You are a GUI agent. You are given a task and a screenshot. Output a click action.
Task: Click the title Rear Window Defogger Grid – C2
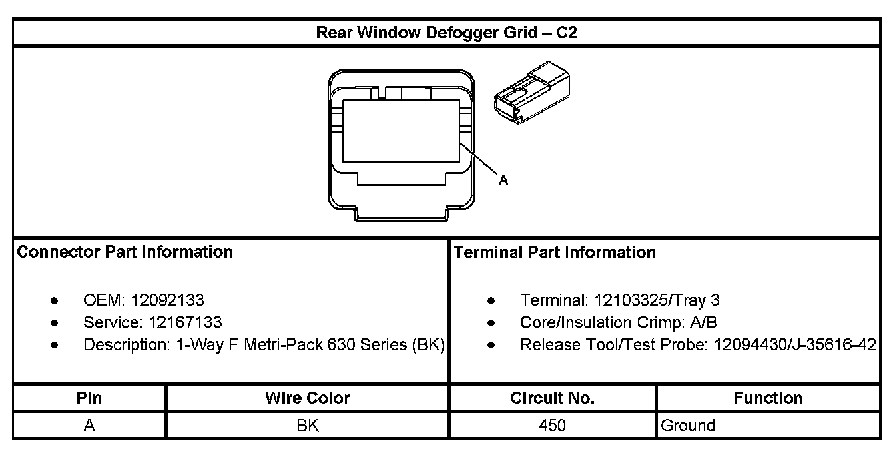pyautogui.click(x=446, y=33)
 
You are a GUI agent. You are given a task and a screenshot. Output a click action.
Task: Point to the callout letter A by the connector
pyautogui.click(x=503, y=180)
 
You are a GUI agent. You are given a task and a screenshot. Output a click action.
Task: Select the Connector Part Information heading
pyautogui.click(x=125, y=252)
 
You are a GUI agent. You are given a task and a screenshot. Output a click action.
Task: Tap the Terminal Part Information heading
pyautogui.click(x=554, y=252)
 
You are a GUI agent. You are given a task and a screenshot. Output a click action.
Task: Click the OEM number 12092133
pyautogui.click(x=167, y=300)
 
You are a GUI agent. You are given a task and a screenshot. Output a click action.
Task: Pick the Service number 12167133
pyautogui.click(x=185, y=323)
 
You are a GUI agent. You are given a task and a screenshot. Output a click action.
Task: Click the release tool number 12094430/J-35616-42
pyautogui.click(x=794, y=346)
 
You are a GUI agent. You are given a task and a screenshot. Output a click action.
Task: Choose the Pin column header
pyautogui.click(x=89, y=398)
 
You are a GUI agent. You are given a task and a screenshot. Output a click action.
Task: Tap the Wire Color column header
pyautogui.click(x=307, y=398)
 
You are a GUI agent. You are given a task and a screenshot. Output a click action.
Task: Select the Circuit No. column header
pyautogui.click(x=552, y=398)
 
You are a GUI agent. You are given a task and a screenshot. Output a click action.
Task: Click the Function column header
pyautogui.click(x=768, y=398)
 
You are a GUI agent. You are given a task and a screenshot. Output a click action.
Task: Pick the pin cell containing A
pyautogui.click(x=89, y=426)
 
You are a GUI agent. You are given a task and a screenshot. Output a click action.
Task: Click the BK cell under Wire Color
pyautogui.click(x=307, y=426)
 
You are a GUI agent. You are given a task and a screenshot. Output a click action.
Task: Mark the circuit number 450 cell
pyautogui.click(x=552, y=426)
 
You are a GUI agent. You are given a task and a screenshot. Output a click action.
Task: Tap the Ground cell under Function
pyautogui.click(x=688, y=426)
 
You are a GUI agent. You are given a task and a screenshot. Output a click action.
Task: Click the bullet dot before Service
pyautogui.click(x=54, y=323)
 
